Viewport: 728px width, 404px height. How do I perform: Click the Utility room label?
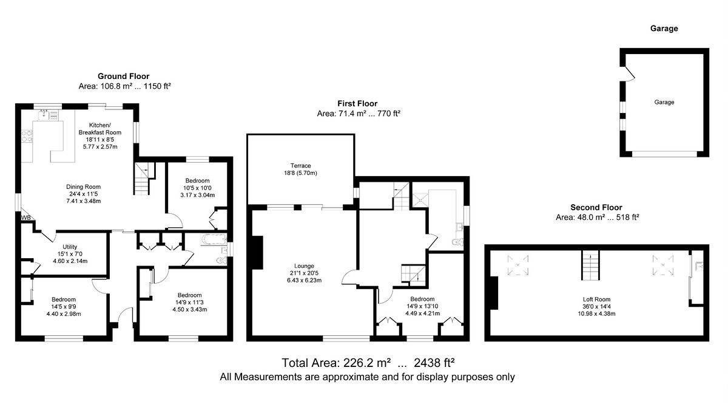tap(70, 247)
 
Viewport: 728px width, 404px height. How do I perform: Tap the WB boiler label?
tap(26, 217)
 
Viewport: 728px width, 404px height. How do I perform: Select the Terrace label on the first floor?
tap(301, 166)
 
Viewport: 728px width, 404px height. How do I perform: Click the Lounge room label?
tap(304, 266)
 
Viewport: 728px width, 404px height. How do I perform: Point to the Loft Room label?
tap(596, 299)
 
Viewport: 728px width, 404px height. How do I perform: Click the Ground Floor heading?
tap(124, 76)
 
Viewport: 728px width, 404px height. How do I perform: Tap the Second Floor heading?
tap(596, 207)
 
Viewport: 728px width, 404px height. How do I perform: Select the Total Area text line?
tap(368, 363)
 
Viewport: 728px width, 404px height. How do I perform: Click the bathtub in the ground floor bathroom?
tap(214, 239)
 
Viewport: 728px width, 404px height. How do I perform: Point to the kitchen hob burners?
tap(27, 136)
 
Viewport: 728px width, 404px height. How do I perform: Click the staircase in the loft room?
tap(590, 265)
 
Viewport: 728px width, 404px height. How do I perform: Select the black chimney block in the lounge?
tap(257, 253)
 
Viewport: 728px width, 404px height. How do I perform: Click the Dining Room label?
tap(84, 187)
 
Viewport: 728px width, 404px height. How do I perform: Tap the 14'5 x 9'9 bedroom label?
tap(64, 307)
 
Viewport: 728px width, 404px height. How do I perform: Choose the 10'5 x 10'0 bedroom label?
tap(198, 188)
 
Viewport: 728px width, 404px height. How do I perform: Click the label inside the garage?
tap(664, 102)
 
